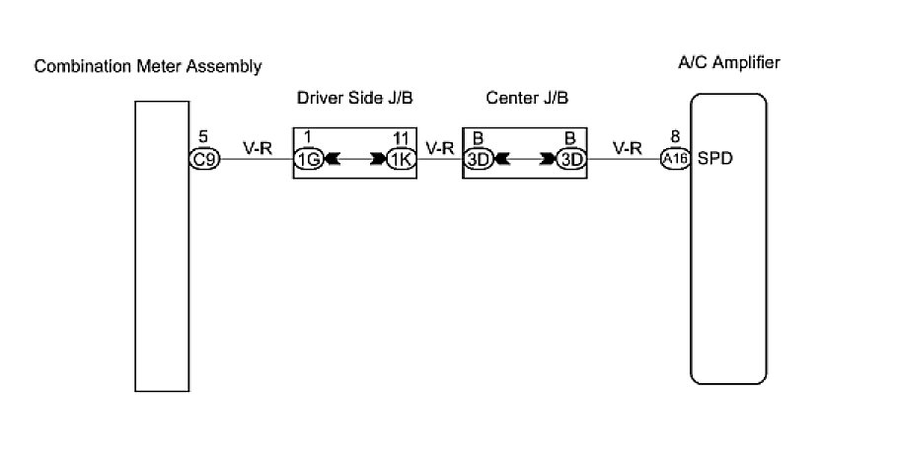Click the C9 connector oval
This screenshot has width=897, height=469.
204,158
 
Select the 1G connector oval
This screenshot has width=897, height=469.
307,159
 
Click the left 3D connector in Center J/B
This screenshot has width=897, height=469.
478,159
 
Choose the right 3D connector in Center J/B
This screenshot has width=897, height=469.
570,159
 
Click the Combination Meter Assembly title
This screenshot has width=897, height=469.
148,67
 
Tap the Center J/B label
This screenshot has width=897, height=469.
527,99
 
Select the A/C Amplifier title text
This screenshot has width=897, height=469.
729,63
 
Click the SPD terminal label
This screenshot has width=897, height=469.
713,158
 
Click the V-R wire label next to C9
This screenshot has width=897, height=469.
258,149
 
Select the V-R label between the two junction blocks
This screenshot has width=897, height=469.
439,149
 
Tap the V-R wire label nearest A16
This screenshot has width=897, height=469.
628,149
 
